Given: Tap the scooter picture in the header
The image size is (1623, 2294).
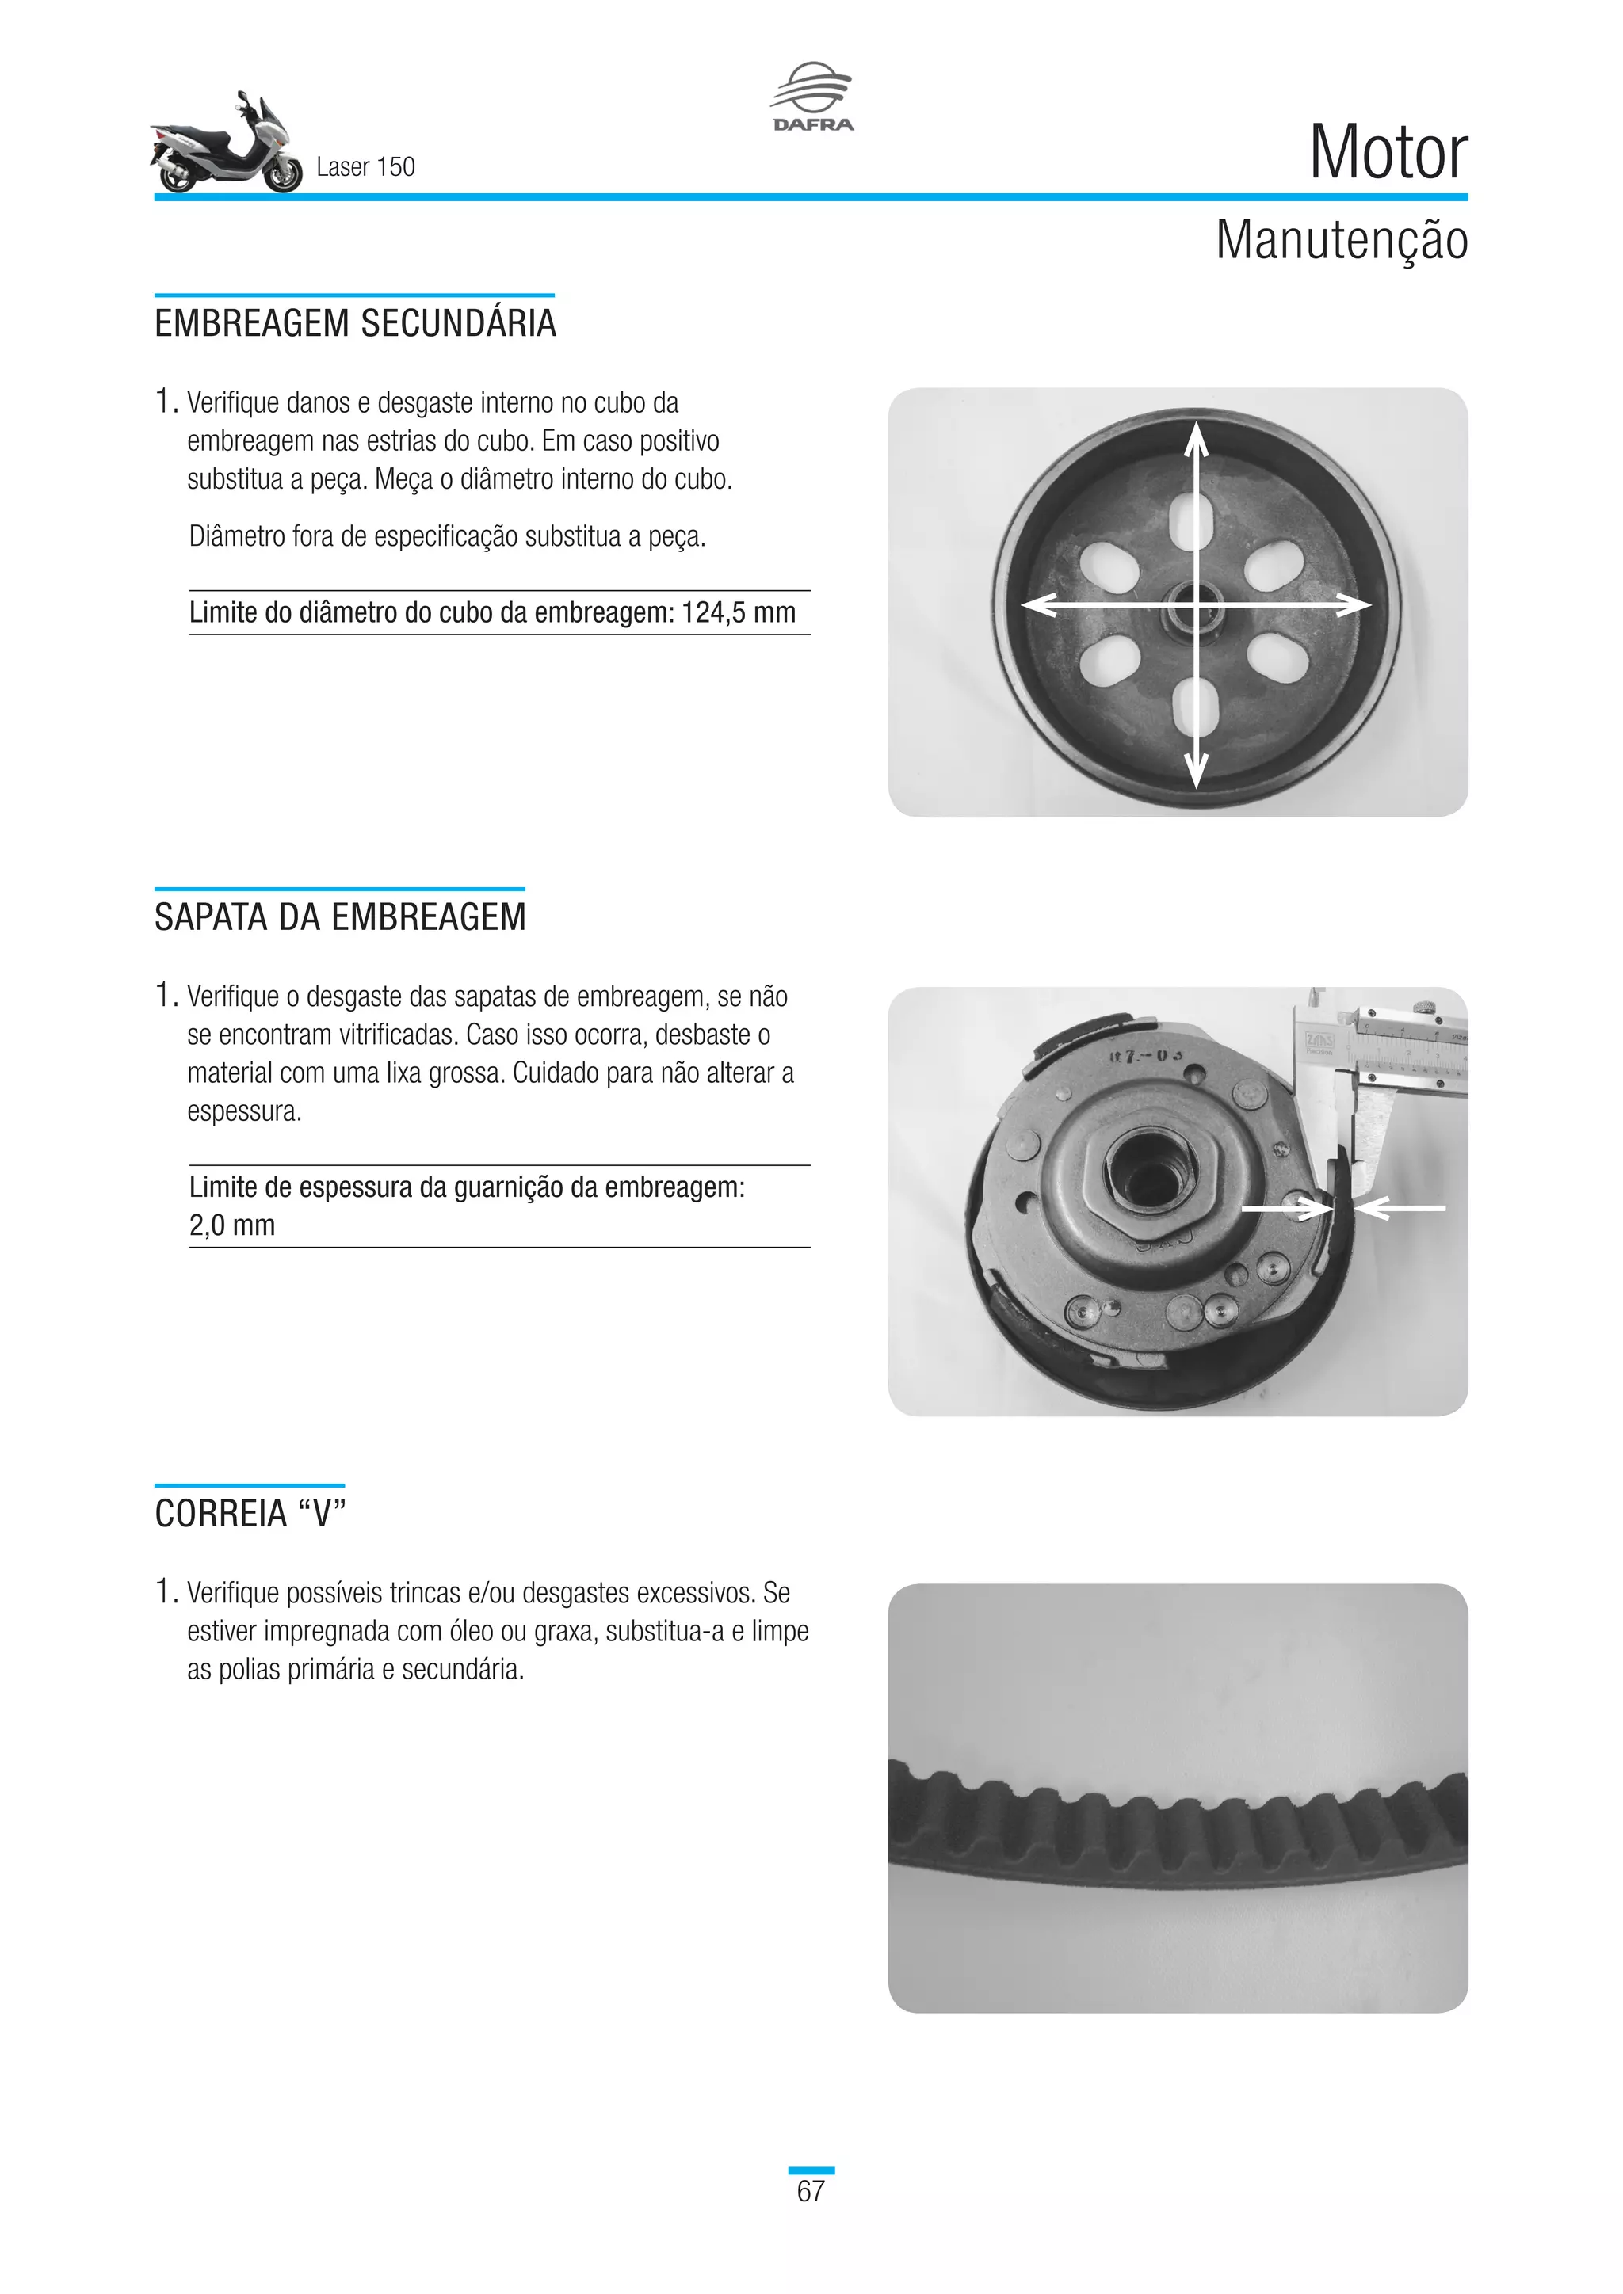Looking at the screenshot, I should tap(226, 145).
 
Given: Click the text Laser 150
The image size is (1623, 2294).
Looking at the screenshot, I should tap(365, 167).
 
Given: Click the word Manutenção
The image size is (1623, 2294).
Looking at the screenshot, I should tap(1341, 241).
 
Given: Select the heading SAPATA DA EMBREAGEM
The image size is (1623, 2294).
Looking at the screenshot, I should tap(340, 917).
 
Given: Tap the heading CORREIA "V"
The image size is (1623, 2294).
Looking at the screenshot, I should tap(250, 1514).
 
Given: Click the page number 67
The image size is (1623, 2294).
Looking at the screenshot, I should tap(811, 2191).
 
